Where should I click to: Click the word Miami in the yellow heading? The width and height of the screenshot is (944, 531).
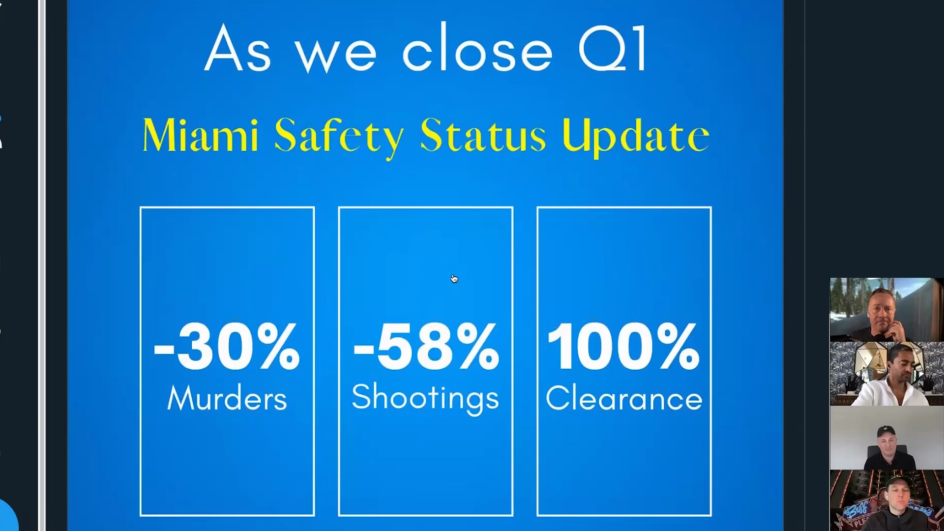201,135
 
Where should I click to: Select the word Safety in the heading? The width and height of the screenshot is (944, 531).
339,137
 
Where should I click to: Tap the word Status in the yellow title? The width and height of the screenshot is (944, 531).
483,135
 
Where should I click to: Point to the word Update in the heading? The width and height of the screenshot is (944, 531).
636,137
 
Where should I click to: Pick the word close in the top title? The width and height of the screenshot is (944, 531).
477,48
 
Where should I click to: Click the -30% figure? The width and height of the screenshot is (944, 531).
227,346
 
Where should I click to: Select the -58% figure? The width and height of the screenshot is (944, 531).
426,346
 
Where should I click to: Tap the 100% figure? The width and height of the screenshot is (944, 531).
623,346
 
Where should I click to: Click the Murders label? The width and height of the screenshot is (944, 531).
227,398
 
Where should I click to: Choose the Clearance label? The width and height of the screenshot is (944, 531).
624,398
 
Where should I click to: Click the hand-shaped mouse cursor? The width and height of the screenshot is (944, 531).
454,279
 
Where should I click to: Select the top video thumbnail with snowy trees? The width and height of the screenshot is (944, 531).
886,310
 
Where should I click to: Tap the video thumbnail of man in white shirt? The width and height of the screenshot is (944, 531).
886,374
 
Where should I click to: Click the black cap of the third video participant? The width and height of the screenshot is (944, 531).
885,431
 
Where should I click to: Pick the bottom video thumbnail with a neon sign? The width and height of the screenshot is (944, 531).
886,500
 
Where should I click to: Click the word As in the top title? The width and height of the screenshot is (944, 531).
237,48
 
